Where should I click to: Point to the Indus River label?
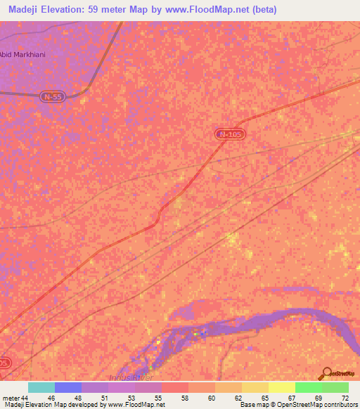coord(127,377)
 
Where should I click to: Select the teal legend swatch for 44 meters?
coord(41,387)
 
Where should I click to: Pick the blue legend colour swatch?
coord(67,387)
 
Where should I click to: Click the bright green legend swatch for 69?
coord(308,387)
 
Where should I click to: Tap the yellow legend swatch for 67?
coord(281,387)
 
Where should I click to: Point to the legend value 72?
coord(344,398)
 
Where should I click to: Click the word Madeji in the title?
coord(27,10)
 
